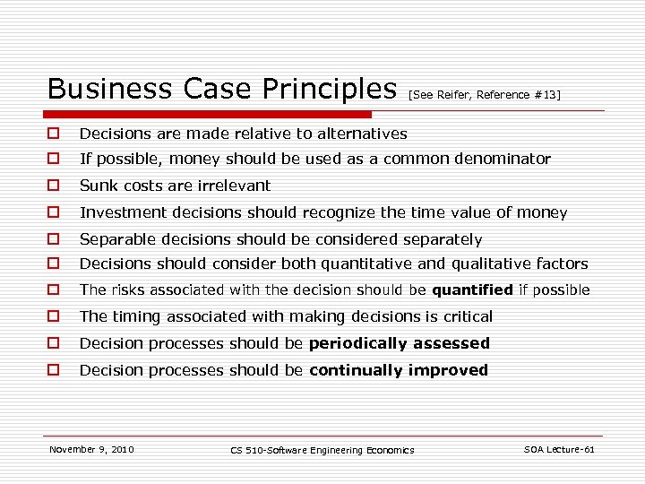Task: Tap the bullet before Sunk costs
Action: click(54, 186)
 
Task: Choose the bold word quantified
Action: click(472, 290)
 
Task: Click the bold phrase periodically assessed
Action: click(399, 343)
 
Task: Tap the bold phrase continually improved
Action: click(398, 370)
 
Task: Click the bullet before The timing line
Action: click(54, 316)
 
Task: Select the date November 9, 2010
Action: click(91, 449)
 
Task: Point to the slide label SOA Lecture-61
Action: click(559, 449)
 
